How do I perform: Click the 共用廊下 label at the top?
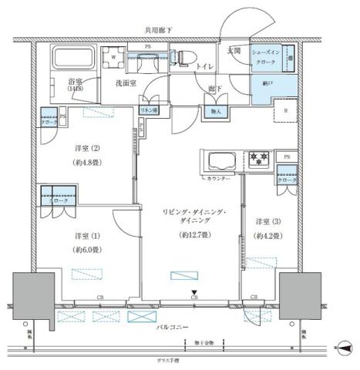click(x=159, y=30)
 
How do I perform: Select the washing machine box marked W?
click(x=114, y=57)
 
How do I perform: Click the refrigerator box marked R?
click(x=287, y=110)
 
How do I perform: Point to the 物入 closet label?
click(x=216, y=111)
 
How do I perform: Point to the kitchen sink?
click(x=219, y=162)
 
